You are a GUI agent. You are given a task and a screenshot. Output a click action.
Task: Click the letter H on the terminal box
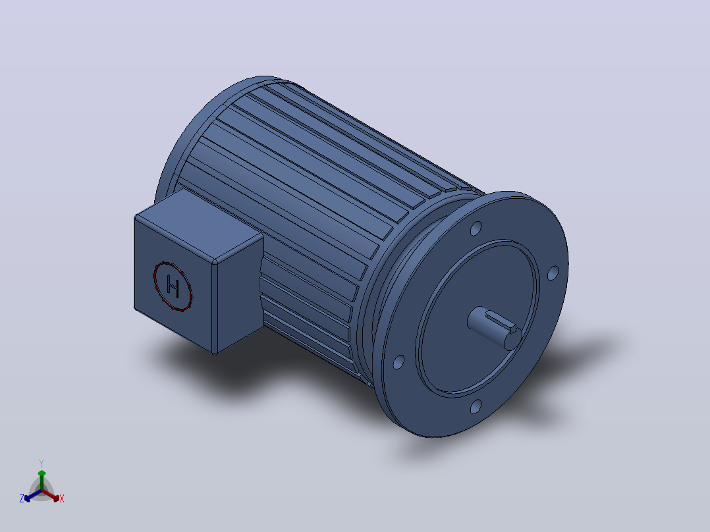point(173,286)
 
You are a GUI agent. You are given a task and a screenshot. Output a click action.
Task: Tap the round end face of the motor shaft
point(513,339)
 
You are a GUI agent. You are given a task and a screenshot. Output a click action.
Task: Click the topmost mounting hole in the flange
point(476,228)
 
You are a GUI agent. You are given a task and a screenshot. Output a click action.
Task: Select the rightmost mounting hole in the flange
point(553,273)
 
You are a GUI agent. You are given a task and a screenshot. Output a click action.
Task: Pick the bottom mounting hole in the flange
point(476,407)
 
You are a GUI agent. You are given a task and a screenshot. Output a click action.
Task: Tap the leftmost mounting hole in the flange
point(398,362)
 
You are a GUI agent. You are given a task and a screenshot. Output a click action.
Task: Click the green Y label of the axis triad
point(41,463)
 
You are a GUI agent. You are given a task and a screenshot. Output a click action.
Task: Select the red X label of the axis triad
point(62,498)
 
